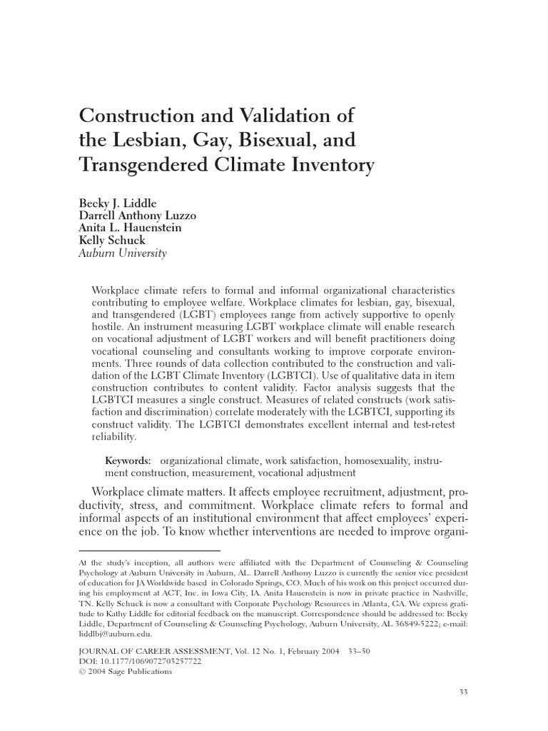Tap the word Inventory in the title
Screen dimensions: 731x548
coord(332,166)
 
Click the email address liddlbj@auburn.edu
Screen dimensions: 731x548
coord(113,632)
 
